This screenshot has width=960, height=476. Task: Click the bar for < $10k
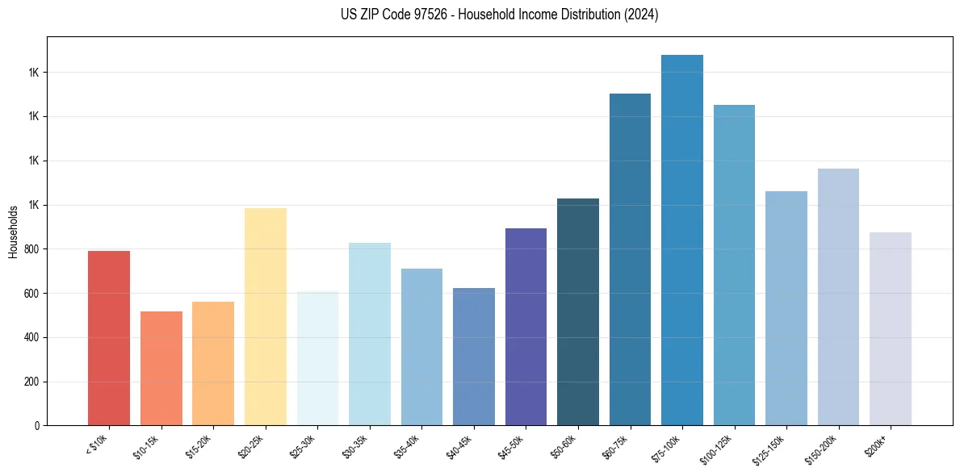(x=109, y=338)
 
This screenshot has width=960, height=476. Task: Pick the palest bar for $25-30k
(x=317, y=359)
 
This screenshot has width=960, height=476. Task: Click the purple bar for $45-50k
(x=526, y=327)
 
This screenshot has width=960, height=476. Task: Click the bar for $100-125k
(x=734, y=265)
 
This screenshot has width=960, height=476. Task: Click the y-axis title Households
(x=13, y=232)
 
